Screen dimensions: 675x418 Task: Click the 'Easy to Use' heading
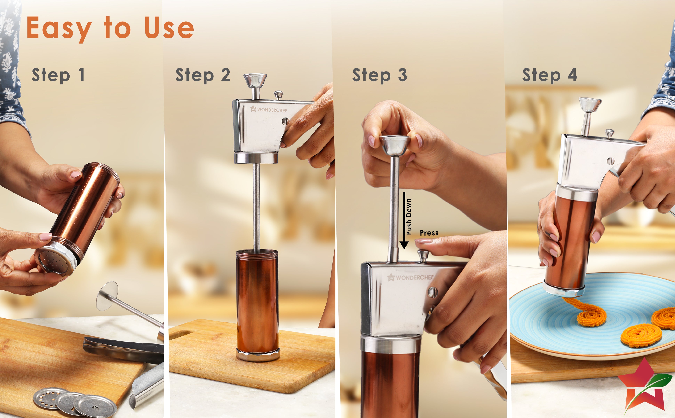110,28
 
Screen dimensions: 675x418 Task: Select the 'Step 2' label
203,75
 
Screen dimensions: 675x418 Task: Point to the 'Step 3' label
379,75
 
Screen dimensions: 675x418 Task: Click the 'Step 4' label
549,75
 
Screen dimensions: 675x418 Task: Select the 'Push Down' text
409,216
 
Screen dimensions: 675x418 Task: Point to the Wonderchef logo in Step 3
410,277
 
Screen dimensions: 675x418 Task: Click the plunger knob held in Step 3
394,145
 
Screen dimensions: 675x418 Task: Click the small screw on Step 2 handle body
285,121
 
